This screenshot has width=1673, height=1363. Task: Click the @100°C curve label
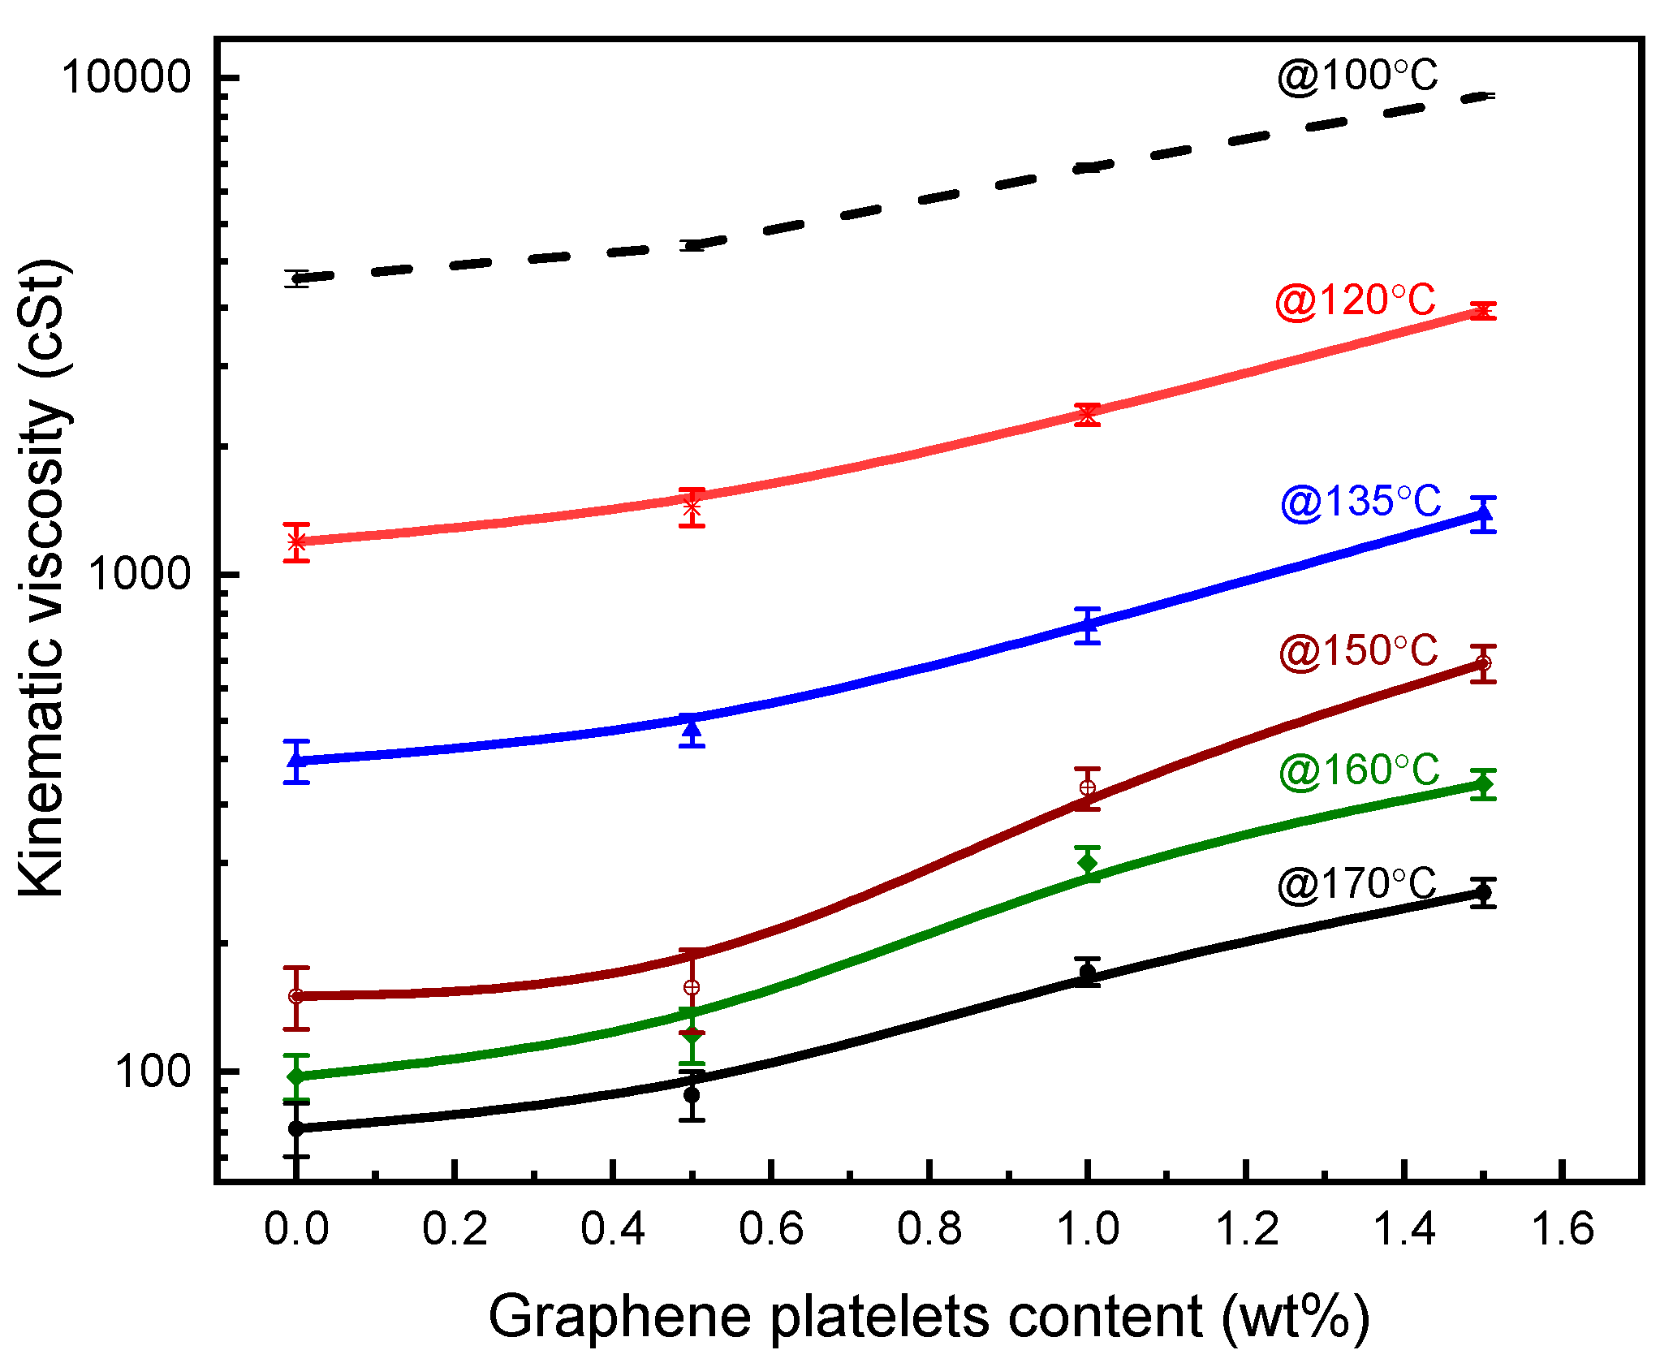(1356, 78)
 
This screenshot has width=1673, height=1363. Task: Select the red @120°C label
(1355, 301)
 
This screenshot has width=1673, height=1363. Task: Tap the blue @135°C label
(1360, 502)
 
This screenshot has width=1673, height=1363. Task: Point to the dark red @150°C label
(1358, 652)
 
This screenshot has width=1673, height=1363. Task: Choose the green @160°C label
(1359, 770)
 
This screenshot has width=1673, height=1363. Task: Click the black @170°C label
(1356, 885)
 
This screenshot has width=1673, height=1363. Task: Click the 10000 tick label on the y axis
(126, 78)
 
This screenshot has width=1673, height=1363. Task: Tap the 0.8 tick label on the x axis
(929, 1228)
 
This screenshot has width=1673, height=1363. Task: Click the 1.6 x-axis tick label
(1562, 1228)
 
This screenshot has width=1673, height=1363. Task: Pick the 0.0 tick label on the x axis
(296, 1228)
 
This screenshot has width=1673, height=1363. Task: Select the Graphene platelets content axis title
(928, 1316)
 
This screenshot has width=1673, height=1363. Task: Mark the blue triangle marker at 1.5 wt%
(1483, 513)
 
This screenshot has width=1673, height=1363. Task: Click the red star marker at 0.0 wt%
(296, 541)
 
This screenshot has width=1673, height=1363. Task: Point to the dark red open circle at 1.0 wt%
(1088, 787)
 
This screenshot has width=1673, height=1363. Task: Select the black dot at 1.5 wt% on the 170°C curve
(1483, 892)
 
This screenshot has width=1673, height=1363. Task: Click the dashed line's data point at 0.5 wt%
(692, 245)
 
